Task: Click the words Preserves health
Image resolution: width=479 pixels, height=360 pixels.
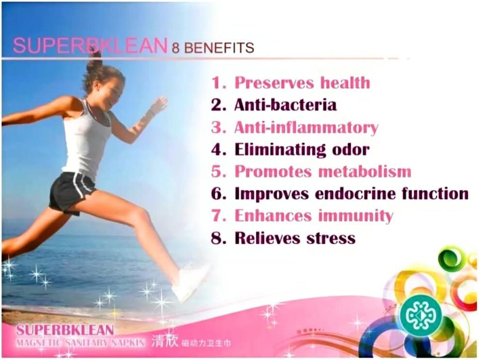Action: pyautogui.click(x=302, y=83)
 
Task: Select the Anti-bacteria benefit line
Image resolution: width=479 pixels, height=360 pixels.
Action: pyautogui.click(x=285, y=105)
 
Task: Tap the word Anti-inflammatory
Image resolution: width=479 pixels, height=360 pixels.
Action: pyautogui.click(x=306, y=128)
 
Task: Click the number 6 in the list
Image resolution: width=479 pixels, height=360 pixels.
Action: pyautogui.click(x=216, y=194)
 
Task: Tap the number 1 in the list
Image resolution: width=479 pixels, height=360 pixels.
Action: pyautogui.click(x=216, y=83)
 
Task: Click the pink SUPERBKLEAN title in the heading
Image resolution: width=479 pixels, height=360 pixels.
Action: pyautogui.click(x=90, y=46)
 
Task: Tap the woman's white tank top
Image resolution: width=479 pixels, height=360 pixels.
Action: pyautogui.click(x=89, y=141)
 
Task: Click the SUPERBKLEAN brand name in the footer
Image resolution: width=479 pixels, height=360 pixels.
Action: pyautogui.click(x=65, y=330)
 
